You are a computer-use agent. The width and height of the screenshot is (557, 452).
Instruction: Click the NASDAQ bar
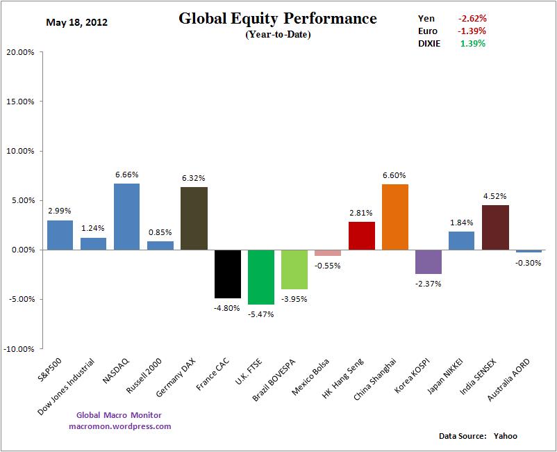click(126, 216)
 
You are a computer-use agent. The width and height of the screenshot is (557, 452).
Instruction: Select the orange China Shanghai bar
click(395, 217)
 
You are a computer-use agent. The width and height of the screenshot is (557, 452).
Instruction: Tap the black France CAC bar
click(228, 273)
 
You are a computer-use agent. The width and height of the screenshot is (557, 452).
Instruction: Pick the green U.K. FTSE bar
click(261, 277)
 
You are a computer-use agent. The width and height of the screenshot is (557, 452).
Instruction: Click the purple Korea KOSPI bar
click(429, 261)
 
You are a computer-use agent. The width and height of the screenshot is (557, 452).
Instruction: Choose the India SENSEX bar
click(495, 227)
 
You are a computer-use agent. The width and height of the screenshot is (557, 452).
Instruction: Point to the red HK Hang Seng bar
click(362, 236)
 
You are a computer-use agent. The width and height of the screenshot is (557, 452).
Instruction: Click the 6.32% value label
click(194, 178)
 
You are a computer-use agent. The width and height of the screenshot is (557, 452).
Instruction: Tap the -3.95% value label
click(294, 299)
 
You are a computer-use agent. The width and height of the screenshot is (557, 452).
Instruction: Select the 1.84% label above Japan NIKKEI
click(461, 223)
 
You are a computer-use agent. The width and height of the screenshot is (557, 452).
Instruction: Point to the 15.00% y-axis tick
click(24, 102)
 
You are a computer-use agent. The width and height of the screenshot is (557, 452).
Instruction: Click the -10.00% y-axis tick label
click(23, 348)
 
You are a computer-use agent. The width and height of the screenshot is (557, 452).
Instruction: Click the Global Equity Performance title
click(278, 19)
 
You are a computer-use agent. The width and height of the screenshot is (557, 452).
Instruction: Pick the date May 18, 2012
click(76, 22)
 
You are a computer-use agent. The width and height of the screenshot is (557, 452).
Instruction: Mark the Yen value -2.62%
click(472, 19)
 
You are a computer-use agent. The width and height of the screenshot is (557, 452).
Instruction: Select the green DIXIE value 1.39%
click(472, 43)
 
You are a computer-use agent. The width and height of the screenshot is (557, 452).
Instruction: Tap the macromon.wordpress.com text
click(119, 426)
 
